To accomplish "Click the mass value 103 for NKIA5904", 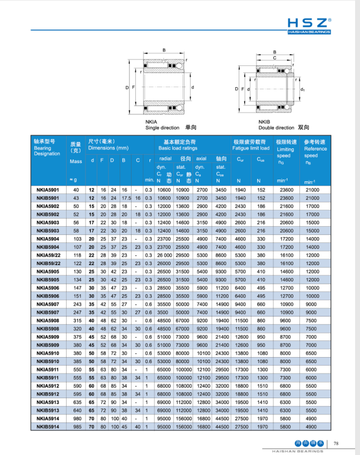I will [x=76, y=239].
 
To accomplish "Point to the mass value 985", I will [x=76, y=426].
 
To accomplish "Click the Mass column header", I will [x=76, y=161].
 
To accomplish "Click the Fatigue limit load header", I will [x=251, y=148].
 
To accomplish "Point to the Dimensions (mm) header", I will [x=108, y=148].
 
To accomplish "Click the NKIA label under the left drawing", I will [x=151, y=122].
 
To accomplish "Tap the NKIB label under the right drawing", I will [x=264, y=122].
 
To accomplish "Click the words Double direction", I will [x=276, y=128].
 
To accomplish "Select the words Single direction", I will [x=162, y=128].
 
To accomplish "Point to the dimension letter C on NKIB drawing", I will [x=274, y=57].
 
